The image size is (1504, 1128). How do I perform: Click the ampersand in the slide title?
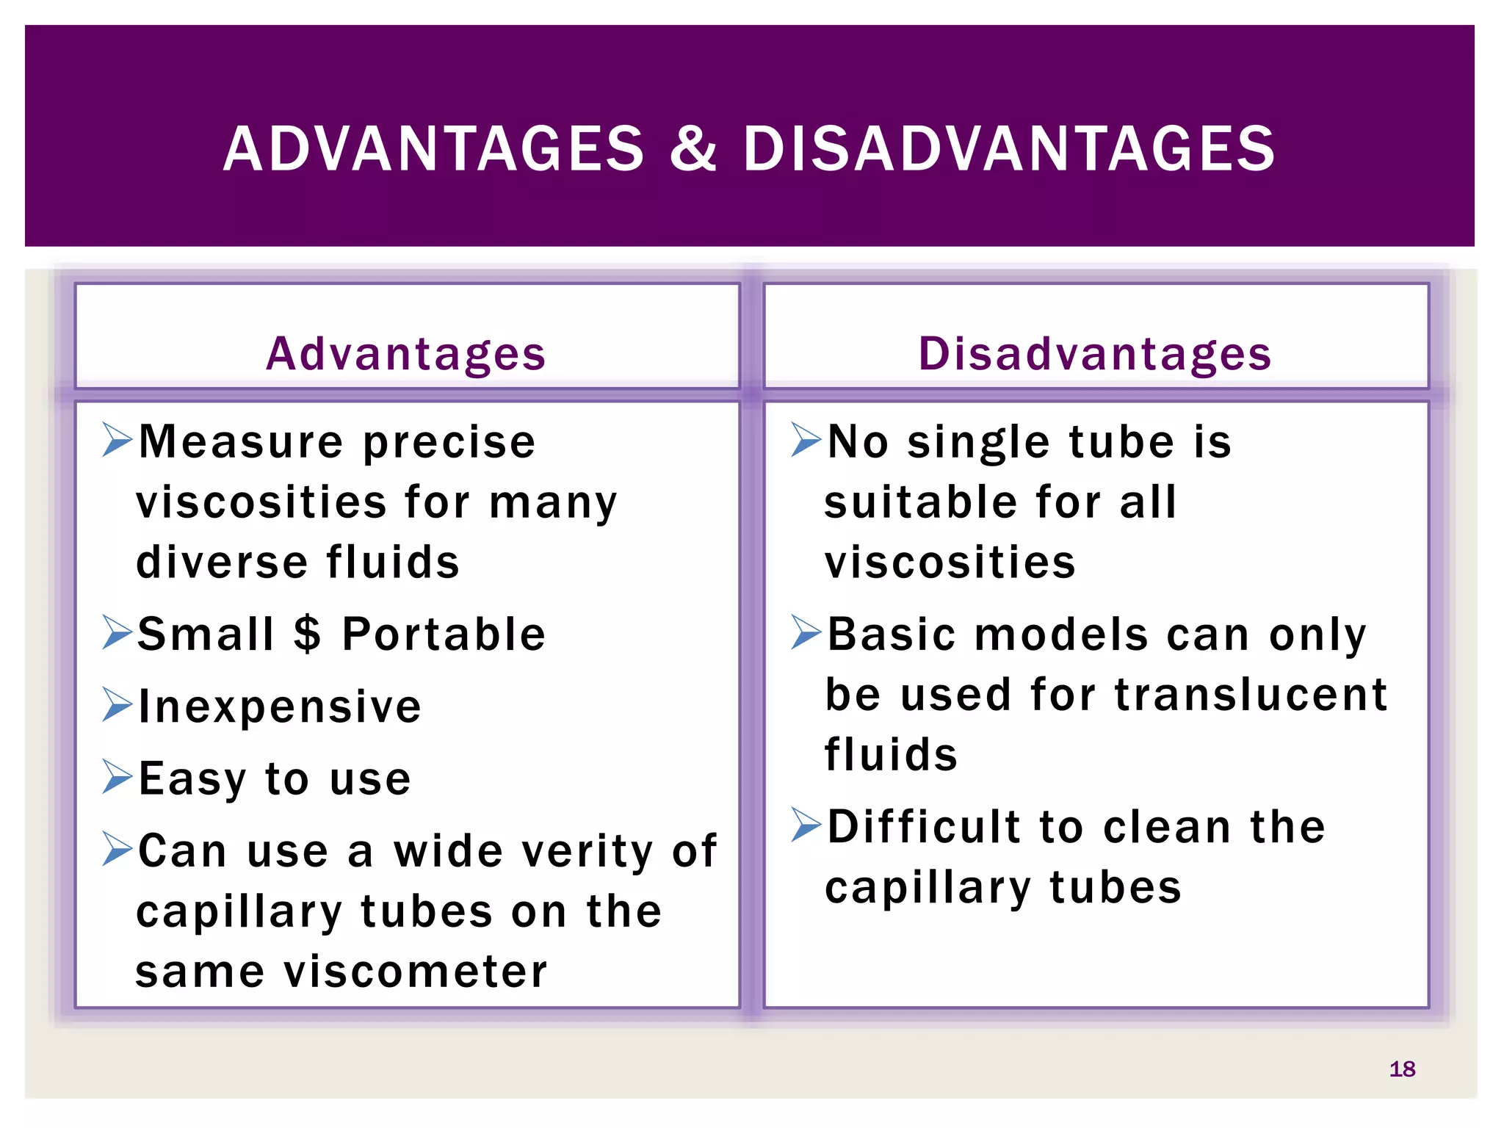click(x=693, y=149)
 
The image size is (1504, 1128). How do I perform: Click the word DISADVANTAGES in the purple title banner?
click(x=1009, y=149)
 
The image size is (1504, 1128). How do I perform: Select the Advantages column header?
click(x=406, y=354)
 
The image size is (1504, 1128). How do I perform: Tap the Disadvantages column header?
click(x=1095, y=354)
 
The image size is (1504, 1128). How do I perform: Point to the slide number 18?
click(x=1402, y=1069)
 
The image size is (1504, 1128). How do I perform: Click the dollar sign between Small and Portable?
click(x=307, y=634)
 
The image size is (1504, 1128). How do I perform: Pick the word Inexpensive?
click(x=280, y=706)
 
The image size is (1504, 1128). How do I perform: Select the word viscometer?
click(x=416, y=972)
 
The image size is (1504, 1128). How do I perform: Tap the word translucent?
click(x=1251, y=695)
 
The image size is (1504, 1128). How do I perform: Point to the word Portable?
click(x=444, y=634)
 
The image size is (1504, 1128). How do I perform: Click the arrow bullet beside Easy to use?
click(x=117, y=777)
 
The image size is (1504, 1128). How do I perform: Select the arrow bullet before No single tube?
click(x=806, y=439)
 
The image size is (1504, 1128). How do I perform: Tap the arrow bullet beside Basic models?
click(x=806, y=632)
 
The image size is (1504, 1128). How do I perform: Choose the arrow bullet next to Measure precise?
click(x=117, y=439)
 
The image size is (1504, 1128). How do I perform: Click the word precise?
click(x=449, y=442)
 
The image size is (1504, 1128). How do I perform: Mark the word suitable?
click(x=921, y=502)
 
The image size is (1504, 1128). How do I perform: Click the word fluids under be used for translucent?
click(x=891, y=755)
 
